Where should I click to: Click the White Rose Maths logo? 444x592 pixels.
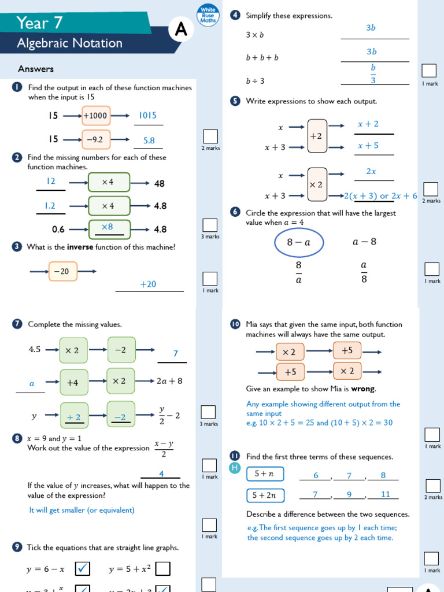pyautogui.click(x=208, y=14)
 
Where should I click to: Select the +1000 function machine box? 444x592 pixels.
pyautogui.click(x=95, y=116)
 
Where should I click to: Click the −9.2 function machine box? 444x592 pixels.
pyautogui.click(x=95, y=139)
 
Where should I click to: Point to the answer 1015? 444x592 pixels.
pyautogui.click(x=148, y=116)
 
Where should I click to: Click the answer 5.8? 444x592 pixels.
pyautogui.click(x=149, y=140)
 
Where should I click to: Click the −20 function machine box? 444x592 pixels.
pyautogui.click(x=62, y=271)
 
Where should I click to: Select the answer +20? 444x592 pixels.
pyautogui.click(x=149, y=284)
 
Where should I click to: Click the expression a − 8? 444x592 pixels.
pyautogui.click(x=364, y=242)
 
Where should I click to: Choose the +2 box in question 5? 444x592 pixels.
pyautogui.click(x=317, y=136)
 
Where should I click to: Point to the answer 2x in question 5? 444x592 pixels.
pyautogui.click(x=371, y=172)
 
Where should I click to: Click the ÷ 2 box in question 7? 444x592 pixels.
pyautogui.click(x=74, y=417)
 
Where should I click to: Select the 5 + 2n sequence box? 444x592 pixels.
pyautogui.click(x=265, y=495)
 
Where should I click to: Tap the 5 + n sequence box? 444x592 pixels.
pyautogui.click(x=265, y=474)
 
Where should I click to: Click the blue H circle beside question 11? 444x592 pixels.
pyautogui.click(x=235, y=468)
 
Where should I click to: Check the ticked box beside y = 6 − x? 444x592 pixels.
pyautogui.click(x=83, y=569)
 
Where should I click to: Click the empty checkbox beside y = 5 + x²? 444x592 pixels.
pyautogui.click(x=163, y=569)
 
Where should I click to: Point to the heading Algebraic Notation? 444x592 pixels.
pyautogui.click(x=70, y=43)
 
